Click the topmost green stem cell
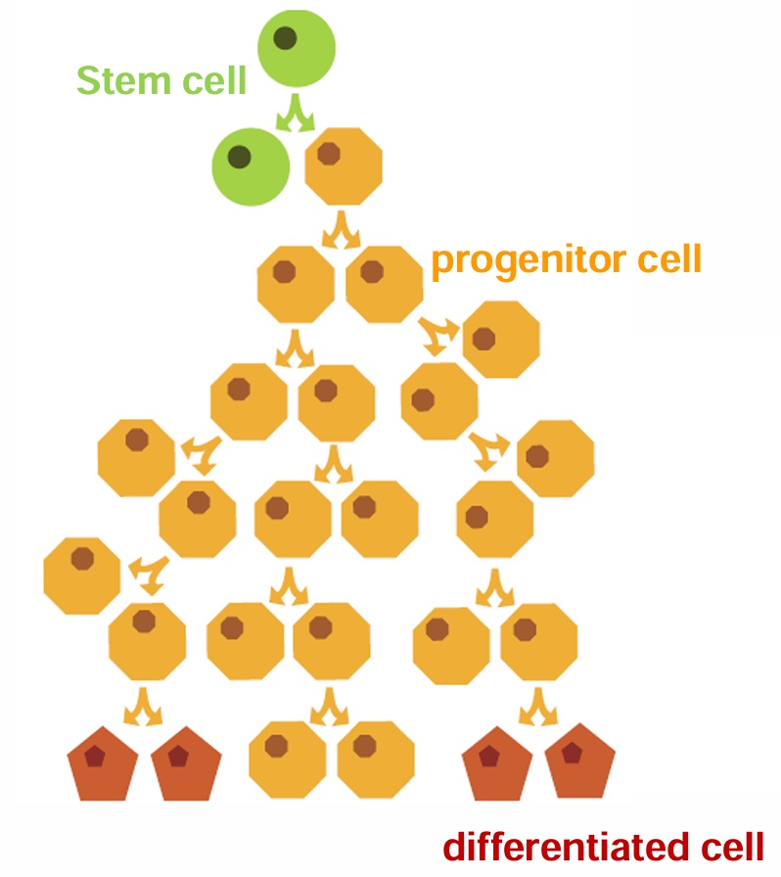pyautogui.click(x=297, y=48)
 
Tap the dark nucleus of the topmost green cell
pyautogui.click(x=286, y=38)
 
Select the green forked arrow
pyautogui.click(x=296, y=114)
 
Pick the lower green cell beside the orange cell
pyautogui.click(x=251, y=166)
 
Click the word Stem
pyautogui.click(x=123, y=80)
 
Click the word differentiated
pyautogui.click(x=566, y=847)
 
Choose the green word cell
pyautogui.click(x=214, y=80)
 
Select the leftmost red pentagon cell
pyautogui.click(x=103, y=765)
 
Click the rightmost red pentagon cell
pyautogui.click(x=580, y=762)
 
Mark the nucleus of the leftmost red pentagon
pyautogui.click(x=95, y=757)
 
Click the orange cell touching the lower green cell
pyautogui.click(x=344, y=166)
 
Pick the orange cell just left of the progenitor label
pyautogui.click(x=385, y=284)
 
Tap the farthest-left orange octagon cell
pyautogui.click(x=82, y=577)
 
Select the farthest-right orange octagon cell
pyautogui.click(x=556, y=458)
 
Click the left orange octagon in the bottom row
pyautogui.click(x=288, y=760)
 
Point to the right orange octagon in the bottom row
pyautogui.click(x=376, y=760)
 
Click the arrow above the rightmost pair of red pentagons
pyautogui.click(x=538, y=707)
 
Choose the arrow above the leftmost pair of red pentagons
pyautogui.click(x=143, y=707)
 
